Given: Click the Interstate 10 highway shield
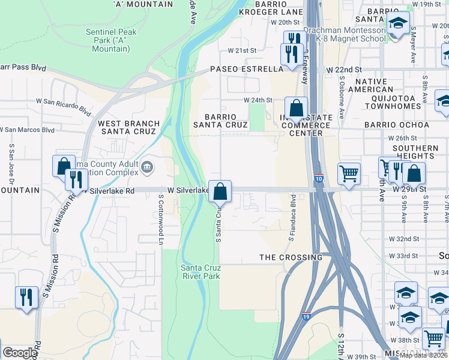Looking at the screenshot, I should pyautogui.click(x=319, y=179).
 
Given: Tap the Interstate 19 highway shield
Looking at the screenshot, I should pyautogui.click(x=306, y=315).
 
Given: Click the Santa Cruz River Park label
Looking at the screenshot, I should pyautogui.click(x=200, y=272).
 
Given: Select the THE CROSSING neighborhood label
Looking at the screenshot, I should pyautogui.click(x=291, y=257).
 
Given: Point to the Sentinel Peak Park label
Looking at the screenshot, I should pyautogui.click(x=111, y=41).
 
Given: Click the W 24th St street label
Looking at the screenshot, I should pyautogui.click(x=258, y=100).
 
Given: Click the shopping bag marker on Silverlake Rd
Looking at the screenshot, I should pyautogui.click(x=220, y=191).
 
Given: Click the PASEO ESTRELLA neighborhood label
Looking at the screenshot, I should pyautogui.click(x=246, y=69).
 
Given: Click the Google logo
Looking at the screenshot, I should pyautogui.click(x=19, y=353).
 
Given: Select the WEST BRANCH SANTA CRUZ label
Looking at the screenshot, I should pyautogui.click(x=129, y=128).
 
